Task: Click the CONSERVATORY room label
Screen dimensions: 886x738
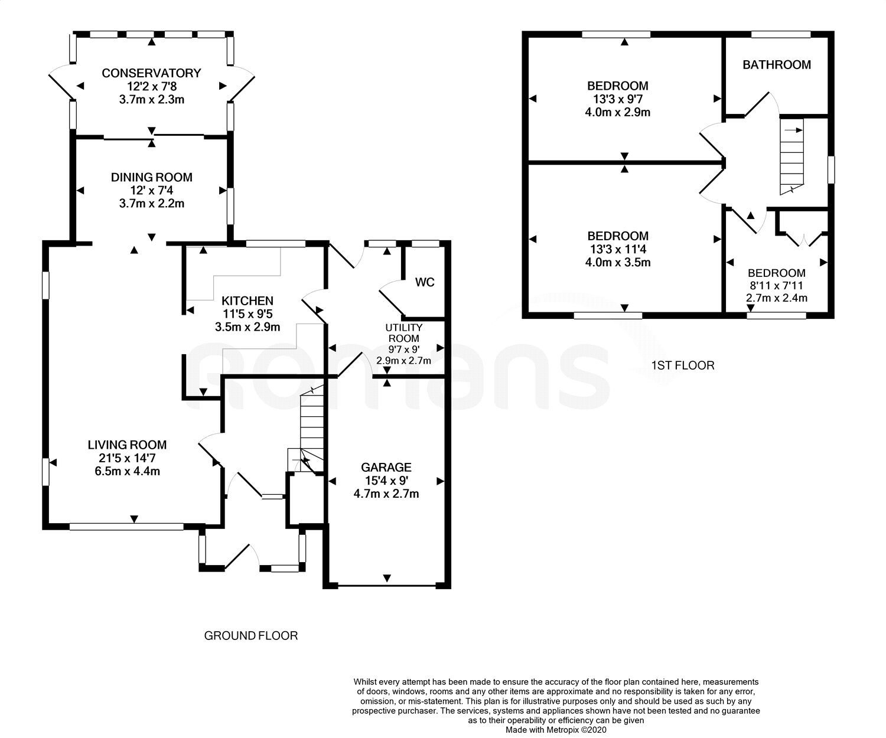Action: [x=151, y=73]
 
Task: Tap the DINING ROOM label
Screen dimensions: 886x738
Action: [x=151, y=177]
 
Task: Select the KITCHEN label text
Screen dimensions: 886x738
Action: [x=247, y=301]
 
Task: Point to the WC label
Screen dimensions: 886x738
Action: [x=425, y=282]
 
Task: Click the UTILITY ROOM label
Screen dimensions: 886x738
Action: [x=403, y=333]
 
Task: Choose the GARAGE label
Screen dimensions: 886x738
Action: [x=386, y=468]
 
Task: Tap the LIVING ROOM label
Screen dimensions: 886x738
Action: [x=128, y=445]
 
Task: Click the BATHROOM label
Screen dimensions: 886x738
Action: [x=777, y=65]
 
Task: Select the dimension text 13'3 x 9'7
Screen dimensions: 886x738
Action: [x=618, y=99]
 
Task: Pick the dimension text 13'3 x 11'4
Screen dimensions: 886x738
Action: [x=618, y=249]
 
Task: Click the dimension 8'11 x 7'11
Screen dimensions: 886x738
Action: [x=777, y=285]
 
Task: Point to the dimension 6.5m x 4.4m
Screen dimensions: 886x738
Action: [x=128, y=471]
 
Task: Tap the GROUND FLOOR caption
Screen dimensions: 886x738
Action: [x=251, y=635]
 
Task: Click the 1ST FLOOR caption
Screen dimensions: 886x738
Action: [x=683, y=365]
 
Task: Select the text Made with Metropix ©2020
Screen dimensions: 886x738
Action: [x=556, y=730]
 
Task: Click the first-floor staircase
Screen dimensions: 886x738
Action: [x=792, y=157]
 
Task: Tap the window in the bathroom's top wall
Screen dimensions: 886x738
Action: [x=781, y=34]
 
